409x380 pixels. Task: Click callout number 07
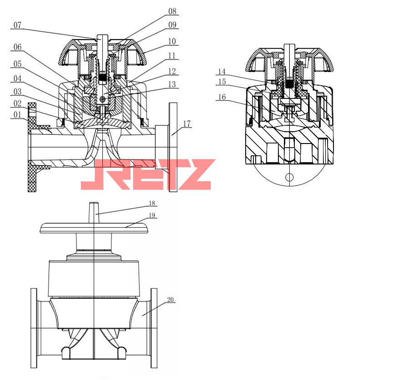pyautogui.click(x=17, y=25)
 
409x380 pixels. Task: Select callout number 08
pyautogui.click(x=172, y=11)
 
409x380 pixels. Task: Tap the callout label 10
pyautogui.click(x=172, y=41)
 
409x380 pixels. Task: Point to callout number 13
pyautogui.click(x=172, y=84)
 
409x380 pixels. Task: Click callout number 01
pyautogui.click(x=17, y=114)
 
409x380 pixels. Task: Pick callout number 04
pyautogui.click(x=17, y=78)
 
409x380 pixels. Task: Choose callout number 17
pyautogui.click(x=187, y=123)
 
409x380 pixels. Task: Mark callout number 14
pyautogui.click(x=222, y=71)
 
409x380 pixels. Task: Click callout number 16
pyautogui.click(x=222, y=97)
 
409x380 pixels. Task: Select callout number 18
pyautogui.click(x=152, y=203)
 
